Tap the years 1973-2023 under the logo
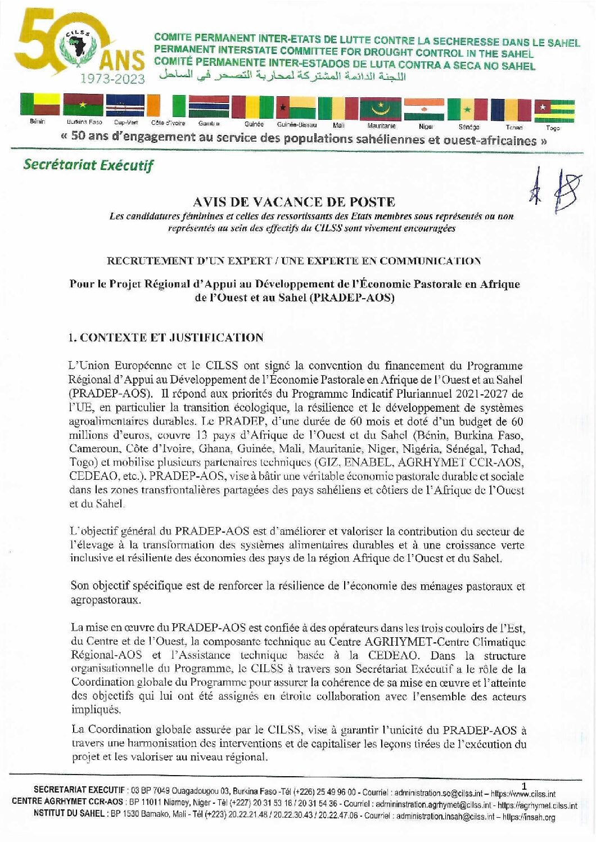pos(112,79)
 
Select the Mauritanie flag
pos(381,109)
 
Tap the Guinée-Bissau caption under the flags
pos(296,125)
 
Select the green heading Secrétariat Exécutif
pos(88,165)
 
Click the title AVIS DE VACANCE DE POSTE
pos(294,201)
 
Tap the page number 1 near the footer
pos(524,786)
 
